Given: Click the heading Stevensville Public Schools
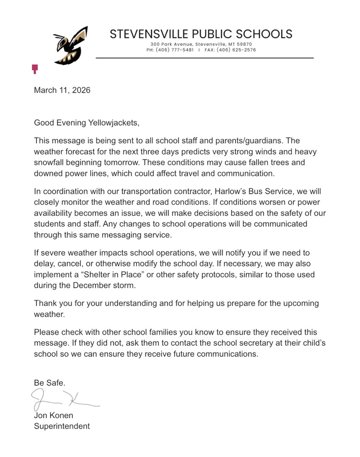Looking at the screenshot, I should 201,34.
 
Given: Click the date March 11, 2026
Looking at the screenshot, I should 62,90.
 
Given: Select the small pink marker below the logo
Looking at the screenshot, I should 35,69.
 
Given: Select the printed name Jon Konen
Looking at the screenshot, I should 53,415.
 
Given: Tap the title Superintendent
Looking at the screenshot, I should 61,426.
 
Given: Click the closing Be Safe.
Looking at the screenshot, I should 49,383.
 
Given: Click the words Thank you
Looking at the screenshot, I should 52,304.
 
